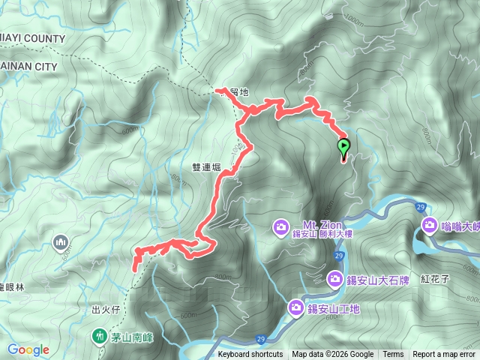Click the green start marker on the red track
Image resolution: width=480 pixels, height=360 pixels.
344,146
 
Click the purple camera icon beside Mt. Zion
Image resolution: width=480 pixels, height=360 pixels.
281,226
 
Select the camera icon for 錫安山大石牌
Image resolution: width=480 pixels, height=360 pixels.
334,280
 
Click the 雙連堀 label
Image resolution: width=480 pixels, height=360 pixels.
206,168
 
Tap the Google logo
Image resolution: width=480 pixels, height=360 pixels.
28,349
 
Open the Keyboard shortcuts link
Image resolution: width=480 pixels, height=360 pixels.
250,355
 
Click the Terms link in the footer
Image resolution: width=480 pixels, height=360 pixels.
392,355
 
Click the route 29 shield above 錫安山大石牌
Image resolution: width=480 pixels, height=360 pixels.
339,256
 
